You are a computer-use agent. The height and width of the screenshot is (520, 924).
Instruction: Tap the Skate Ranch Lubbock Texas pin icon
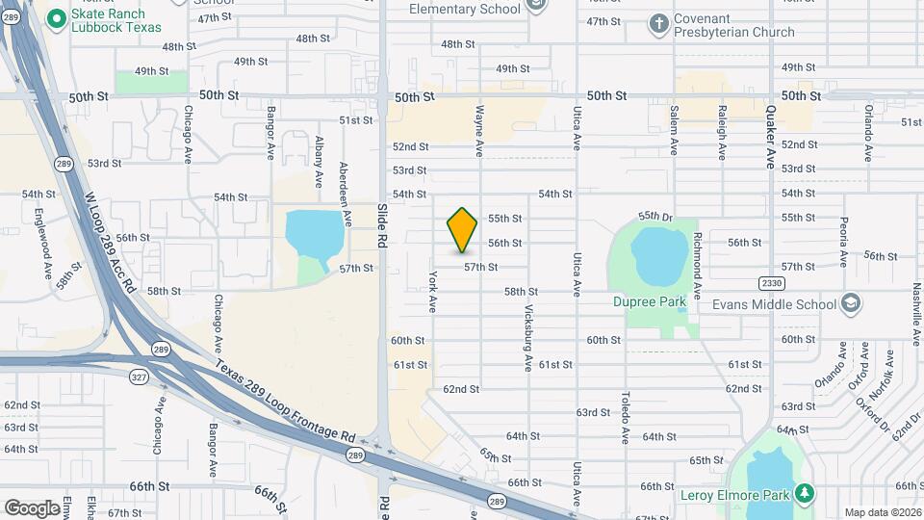(56, 16)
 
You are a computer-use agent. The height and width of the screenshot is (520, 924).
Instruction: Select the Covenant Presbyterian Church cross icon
(658, 23)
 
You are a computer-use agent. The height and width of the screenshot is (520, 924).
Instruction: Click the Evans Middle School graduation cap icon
(850, 304)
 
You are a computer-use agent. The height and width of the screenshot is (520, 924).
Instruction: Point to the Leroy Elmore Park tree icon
(804, 495)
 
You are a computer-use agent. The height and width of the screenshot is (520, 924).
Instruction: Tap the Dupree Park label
(650, 301)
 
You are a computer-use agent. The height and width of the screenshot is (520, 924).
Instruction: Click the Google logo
(32, 507)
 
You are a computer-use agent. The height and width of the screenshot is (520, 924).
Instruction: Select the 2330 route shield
(770, 283)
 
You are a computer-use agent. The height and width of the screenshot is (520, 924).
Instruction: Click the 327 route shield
(139, 377)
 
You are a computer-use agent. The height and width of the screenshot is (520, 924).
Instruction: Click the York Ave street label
(433, 291)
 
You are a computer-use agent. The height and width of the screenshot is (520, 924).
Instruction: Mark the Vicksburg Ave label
(528, 338)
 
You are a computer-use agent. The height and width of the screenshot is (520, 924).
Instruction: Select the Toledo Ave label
(625, 417)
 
